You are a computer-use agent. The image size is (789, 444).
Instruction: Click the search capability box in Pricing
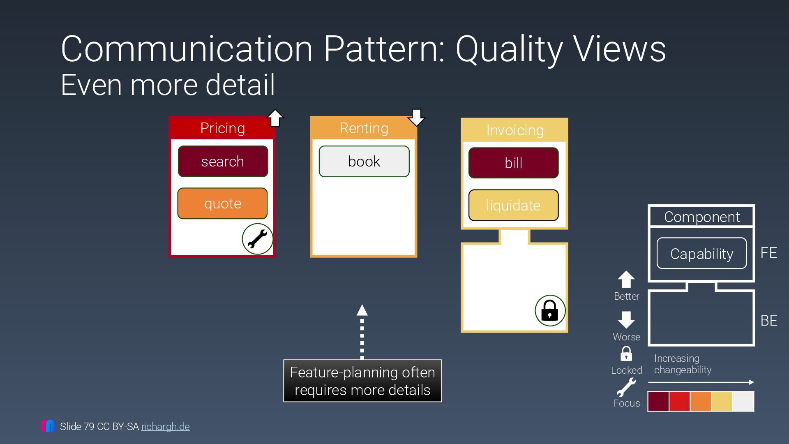coord(223,162)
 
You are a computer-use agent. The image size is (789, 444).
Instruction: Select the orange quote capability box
coord(222,203)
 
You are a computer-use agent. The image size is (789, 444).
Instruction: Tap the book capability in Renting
coord(364,162)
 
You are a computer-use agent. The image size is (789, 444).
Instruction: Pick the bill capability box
coord(513,163)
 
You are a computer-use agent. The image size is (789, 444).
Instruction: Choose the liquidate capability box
coord(513,205)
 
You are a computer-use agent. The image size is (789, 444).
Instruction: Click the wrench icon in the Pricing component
coord(258,239)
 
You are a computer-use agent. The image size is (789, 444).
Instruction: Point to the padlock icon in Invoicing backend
coord(550,310)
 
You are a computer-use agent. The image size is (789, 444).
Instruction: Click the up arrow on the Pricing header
coord(275,118)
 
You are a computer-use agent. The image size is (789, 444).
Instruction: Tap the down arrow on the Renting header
coord(416,118)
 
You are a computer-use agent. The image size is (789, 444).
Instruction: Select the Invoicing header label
coord(514,130)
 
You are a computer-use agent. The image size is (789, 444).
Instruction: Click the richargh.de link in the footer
coord(165,427)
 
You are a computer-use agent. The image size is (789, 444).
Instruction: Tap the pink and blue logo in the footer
coord(48,426)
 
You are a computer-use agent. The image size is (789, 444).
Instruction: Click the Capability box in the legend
coord(701,254)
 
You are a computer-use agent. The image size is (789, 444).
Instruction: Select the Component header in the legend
coord(701,217)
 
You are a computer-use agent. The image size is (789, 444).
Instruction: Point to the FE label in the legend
coord(768,252)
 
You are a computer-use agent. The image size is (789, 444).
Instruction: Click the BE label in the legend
coord(768,320)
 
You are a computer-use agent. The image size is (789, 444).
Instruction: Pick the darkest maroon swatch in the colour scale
coord(658,401)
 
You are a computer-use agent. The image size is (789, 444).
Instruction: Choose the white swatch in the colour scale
coord(743,401)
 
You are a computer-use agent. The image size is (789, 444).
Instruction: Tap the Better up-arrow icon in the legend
coord(626,280)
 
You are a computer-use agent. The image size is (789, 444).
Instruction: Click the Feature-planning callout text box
coord(362,381)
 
